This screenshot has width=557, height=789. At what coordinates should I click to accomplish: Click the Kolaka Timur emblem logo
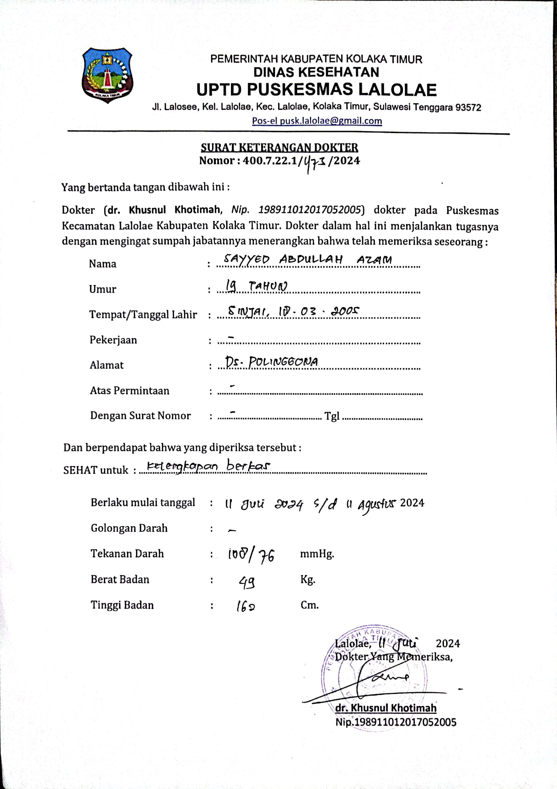107,75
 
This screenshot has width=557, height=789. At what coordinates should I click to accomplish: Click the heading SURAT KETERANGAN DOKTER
279,148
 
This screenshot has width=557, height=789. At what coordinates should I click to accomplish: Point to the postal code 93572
468,108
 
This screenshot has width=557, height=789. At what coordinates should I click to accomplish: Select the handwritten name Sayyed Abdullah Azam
307,260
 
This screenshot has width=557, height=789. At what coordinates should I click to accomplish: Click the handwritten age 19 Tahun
256,286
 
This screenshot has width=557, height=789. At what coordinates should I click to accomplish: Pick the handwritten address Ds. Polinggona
272,362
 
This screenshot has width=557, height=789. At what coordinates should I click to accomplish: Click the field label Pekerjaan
113,340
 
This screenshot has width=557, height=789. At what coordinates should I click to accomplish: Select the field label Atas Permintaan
129,391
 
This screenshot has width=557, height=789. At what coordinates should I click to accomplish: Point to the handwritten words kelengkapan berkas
209,466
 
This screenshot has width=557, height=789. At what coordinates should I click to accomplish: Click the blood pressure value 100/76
251,555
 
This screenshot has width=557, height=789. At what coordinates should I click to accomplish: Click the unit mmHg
317,554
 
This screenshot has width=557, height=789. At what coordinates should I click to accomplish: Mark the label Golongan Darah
129,528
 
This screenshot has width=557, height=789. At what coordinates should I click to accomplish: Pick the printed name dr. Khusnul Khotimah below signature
386,708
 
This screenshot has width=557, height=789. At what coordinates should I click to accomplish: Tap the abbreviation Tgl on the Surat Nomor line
332,416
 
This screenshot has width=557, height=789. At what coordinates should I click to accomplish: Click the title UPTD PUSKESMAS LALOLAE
316,90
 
